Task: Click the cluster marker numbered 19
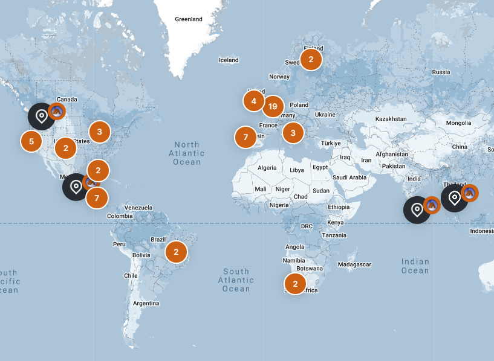(x=273, y=107)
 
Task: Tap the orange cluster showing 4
(x=254, y=101)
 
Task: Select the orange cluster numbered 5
(x=31, y=142)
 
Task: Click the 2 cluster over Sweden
(x=311, y=59)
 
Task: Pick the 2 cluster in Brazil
(x=176, y=252)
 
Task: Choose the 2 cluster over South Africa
(x=295, y=284)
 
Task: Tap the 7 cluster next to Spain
(x=245, y=137)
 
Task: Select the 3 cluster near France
(x=293, y=133)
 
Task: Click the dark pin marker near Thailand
(x=454, y=198)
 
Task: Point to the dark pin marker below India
(x=417, y=210)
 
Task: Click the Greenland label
(x=189, y=19)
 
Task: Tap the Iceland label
(x=229, y=60)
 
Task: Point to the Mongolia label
(x=458, y=123)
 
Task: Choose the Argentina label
(x=146, y=302)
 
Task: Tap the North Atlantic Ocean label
(x=187, y=153)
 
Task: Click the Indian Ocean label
(x=415, y=266)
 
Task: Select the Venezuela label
(x=138, y=208)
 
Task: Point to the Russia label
(x=441, y=72)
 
